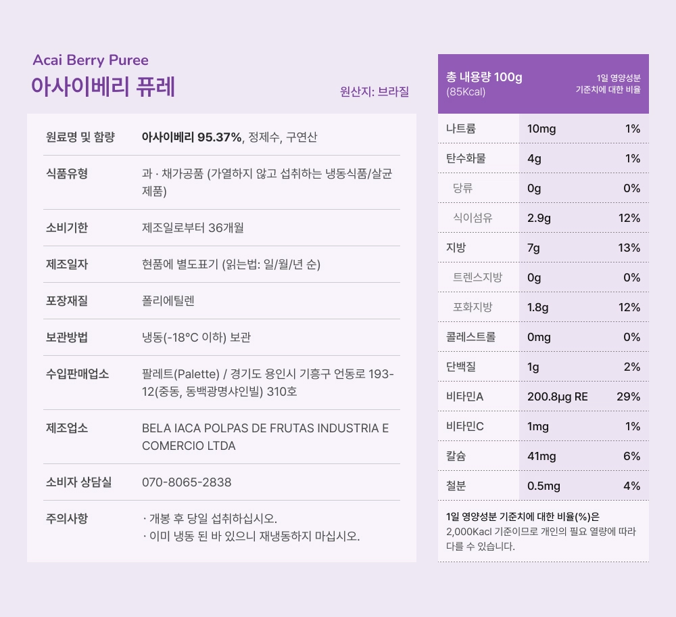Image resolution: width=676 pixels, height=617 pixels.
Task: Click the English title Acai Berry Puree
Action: (x=91, y=60)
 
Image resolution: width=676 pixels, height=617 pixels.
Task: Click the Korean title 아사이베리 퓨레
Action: (x=103, y=87)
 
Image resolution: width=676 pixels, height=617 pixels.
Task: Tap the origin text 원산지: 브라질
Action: (x=375, y=91)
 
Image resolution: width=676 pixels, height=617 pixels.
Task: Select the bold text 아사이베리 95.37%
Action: (x=191, y=137)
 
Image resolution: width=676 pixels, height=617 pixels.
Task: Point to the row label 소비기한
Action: (x=67, y=228)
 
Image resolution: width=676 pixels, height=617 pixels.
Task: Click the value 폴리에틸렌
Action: (x=168, y=301)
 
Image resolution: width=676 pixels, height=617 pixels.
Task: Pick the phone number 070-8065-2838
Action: (x=187, y=482)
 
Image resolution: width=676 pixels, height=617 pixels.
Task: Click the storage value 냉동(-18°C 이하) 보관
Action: (x=197, y=338)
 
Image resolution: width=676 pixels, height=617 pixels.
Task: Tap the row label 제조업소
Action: (x=67, y=428)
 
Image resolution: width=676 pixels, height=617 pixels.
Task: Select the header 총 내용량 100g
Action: (x=484, y=77)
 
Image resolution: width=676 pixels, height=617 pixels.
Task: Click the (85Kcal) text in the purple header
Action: (x=466, y=92)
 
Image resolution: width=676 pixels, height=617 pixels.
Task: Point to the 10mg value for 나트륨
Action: (x=541, y=129)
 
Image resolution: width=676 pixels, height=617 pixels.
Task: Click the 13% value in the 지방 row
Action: (x=629, y=248)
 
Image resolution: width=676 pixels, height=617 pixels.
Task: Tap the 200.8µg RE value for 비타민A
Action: (x=558, y=396)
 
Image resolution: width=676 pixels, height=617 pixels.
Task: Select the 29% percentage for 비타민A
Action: (x=628, y=396)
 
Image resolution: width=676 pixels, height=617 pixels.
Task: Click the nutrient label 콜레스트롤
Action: (x=470, y=337)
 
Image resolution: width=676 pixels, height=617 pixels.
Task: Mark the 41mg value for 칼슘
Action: (x=541, y=456)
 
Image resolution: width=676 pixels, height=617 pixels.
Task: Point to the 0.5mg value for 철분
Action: (x=544, y=486)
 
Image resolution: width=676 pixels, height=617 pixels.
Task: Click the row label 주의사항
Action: (x=67, y=519)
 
